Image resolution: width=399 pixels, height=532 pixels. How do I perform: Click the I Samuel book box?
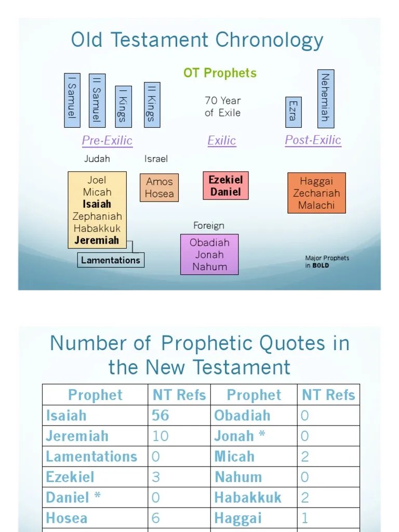coord(72,100)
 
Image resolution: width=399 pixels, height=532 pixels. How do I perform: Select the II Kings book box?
coord(152,104)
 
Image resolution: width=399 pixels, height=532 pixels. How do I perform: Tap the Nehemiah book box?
coord(326,98)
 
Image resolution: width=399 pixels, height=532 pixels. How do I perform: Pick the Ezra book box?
coord(292,110)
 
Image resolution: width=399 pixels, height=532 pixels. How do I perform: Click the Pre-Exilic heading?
coord(107,140)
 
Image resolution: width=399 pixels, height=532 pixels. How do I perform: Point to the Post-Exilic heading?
coord(313,140)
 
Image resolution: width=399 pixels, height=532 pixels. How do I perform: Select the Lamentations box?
coord(110,260)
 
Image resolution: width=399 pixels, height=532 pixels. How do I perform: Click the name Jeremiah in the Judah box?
coord(97,240)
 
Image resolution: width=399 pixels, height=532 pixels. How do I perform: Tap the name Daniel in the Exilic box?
coord(225,192)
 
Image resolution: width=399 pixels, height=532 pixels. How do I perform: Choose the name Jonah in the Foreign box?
coord(209,255)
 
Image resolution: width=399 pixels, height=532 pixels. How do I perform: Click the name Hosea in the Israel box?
coord(159,194)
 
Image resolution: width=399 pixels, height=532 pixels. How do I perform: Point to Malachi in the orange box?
coord(316,205)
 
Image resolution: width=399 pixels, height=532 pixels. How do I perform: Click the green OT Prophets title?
coord(220,73)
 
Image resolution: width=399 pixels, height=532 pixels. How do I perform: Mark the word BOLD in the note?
coord(321,265)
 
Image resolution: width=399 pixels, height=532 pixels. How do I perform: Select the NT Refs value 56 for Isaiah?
coord(161,415)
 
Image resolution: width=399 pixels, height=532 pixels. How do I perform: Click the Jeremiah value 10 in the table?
coord(161,436)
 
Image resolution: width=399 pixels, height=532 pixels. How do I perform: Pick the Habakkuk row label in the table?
coord(248,497)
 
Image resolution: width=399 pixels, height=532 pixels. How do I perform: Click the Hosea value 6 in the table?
coord(156,518)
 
